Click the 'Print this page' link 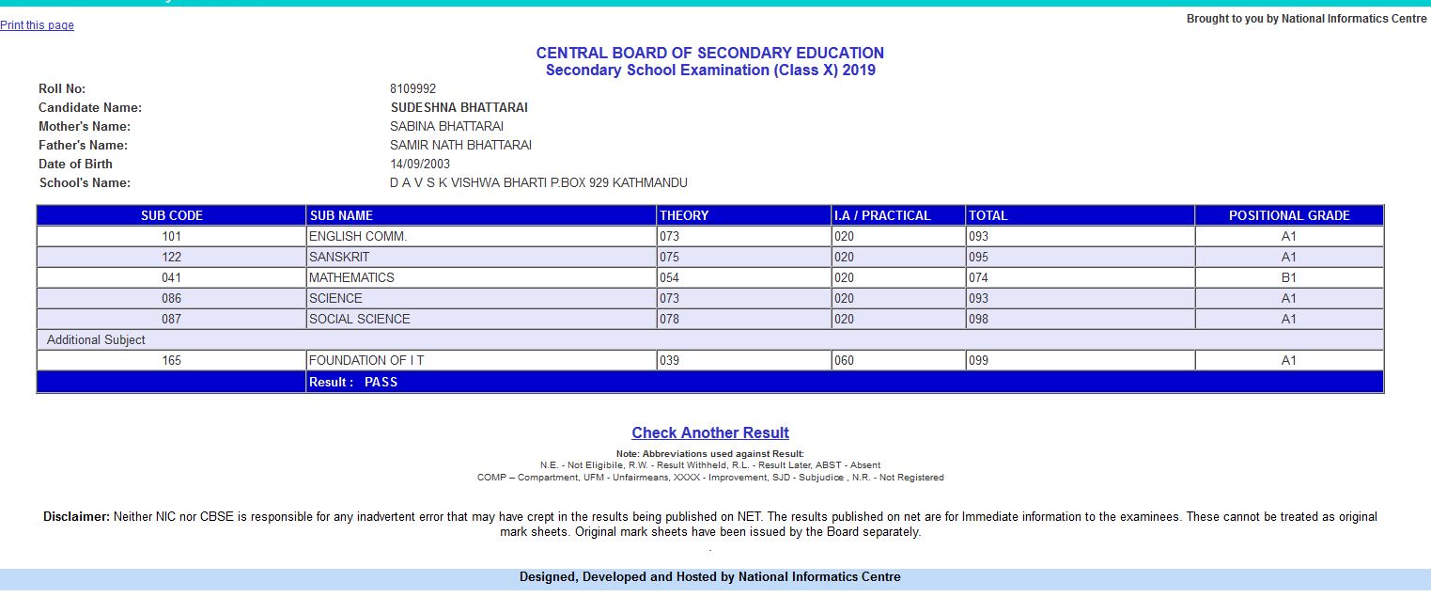(37, 25)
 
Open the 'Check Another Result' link (709, 432)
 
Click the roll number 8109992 (412, 89)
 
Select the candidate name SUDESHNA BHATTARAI (459, 108)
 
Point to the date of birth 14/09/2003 (419, 165)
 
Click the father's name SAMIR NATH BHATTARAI (460, 146)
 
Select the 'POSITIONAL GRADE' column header (1288, 215)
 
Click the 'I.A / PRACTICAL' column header (881, 215)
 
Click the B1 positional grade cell (1288, 277)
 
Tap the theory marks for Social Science (669, 319)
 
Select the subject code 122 (171, 257)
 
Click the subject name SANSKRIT (339, 257)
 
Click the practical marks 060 (844, 360)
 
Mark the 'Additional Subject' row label (96, 339)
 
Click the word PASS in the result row (381, 382)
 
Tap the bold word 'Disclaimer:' (76, 517)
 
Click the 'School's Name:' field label (85, 183)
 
